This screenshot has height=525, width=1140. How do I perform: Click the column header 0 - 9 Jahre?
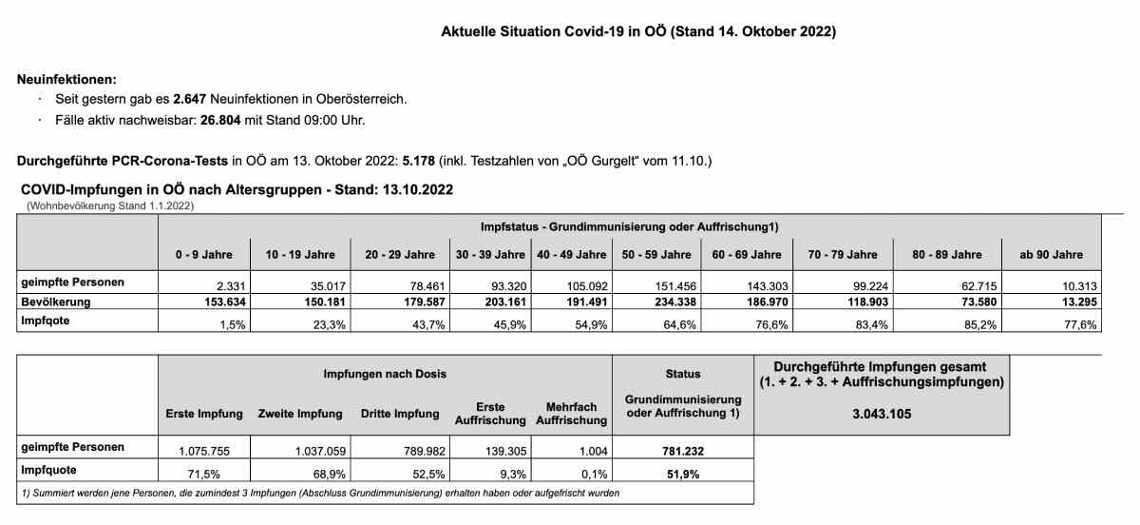pos(203,255)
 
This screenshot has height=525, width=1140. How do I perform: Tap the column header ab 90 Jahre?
pos(1050,255)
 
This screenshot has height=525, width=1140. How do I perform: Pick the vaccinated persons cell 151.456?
pos(671,283)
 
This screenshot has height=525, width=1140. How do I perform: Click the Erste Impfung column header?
pos(204,414)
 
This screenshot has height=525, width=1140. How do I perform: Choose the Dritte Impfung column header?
pos(400,414)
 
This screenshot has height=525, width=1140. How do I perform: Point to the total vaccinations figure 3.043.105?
pos(881,415)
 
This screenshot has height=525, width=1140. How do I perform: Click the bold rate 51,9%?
pos(684,473)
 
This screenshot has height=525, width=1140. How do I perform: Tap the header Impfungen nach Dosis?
pos(385,374)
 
